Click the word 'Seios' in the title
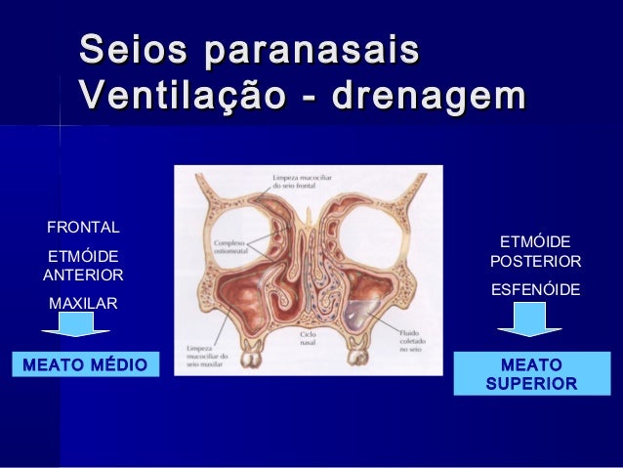click(x=135, y=51)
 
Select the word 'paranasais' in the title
click(x=311, y=51)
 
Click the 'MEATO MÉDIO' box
click(x=83, y=365)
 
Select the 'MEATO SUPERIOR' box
click(x=530, y=373)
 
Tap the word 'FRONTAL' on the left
click(x=83, y=228)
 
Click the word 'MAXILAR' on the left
click(x=83, y=304)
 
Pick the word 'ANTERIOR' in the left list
click(x=83, y=276)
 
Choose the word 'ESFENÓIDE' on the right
click(x=535, y=290)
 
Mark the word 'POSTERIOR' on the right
click(x=535, y=262)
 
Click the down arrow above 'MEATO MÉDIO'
click(x=84, y=324)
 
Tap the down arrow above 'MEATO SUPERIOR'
click(x=530, y=318)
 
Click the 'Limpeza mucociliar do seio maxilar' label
click(x=204, y=357)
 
